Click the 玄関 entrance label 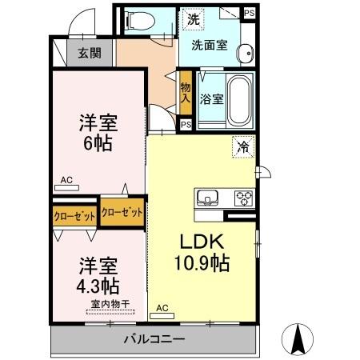point(89,54)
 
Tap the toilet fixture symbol point(142,21)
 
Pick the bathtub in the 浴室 point(238,100)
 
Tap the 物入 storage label point(186,94)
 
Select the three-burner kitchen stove point(243,197)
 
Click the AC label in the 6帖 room point(66,181)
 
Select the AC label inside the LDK point(162,307)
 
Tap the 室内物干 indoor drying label point(110,303)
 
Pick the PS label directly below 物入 point(186,124)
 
